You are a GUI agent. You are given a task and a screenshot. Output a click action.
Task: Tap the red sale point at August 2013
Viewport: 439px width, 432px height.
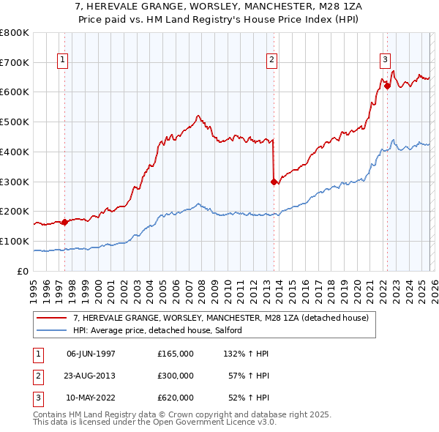[274, 182]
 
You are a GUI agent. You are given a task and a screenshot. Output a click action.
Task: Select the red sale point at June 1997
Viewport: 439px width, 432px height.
[64, 222]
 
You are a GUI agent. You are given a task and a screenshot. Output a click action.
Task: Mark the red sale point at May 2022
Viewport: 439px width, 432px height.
[386, 85]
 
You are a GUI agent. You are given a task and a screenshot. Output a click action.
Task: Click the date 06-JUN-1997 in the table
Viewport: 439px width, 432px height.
[91, 353]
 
